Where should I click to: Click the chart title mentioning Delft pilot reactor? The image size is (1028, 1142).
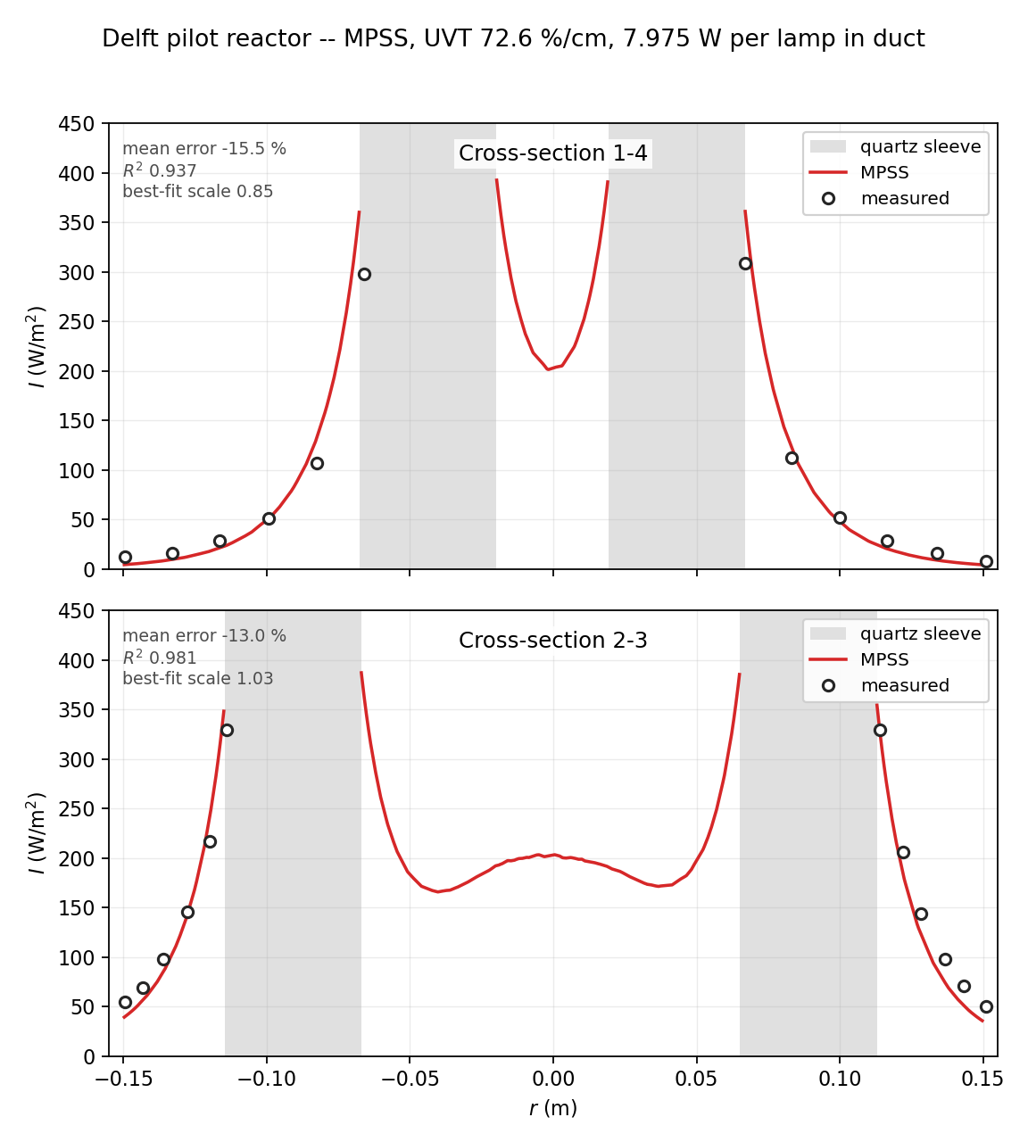coord(513,38)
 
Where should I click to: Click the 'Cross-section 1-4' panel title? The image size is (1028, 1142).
coord(552,153)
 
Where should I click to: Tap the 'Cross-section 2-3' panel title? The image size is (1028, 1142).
coord(552,640)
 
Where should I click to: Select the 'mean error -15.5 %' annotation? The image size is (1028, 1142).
coord(203,149)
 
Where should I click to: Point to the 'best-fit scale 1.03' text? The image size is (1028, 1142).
coord(197,678)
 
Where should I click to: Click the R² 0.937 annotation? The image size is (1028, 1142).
coord(160,170)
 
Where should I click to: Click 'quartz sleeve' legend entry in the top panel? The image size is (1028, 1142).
coord(895,146)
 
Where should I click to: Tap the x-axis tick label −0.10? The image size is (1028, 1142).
coord(266,1079)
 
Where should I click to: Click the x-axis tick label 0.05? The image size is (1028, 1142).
coord(696,1079)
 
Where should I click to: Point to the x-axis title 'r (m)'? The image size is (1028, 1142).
coord(552,1108)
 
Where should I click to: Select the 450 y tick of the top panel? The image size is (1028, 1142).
coord(77,123)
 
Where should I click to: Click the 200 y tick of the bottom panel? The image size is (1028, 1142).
coord(77,858)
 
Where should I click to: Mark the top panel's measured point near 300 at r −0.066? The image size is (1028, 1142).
coord(364,275)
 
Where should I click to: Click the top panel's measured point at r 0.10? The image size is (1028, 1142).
coord(840,518)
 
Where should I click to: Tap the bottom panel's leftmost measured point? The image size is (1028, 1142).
coord(125,1003)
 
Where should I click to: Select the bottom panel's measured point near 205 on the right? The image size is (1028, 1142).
coord(903,852)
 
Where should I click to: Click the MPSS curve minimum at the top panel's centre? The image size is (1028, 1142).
coord(548,369)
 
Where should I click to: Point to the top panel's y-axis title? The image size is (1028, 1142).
coord(36,347)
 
